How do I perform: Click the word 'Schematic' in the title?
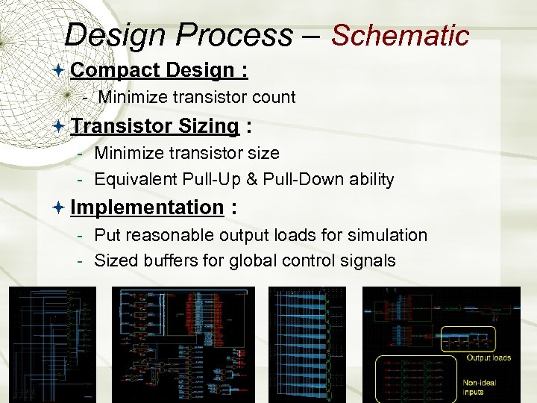pyautogui.click(x=400, y=35)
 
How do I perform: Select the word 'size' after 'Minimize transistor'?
pyautogui.click(x=263, y=153)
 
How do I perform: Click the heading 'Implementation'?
pyautogui.click(x=147, y=207)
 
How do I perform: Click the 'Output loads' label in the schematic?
pyautogui.click(x=489, y=357)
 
